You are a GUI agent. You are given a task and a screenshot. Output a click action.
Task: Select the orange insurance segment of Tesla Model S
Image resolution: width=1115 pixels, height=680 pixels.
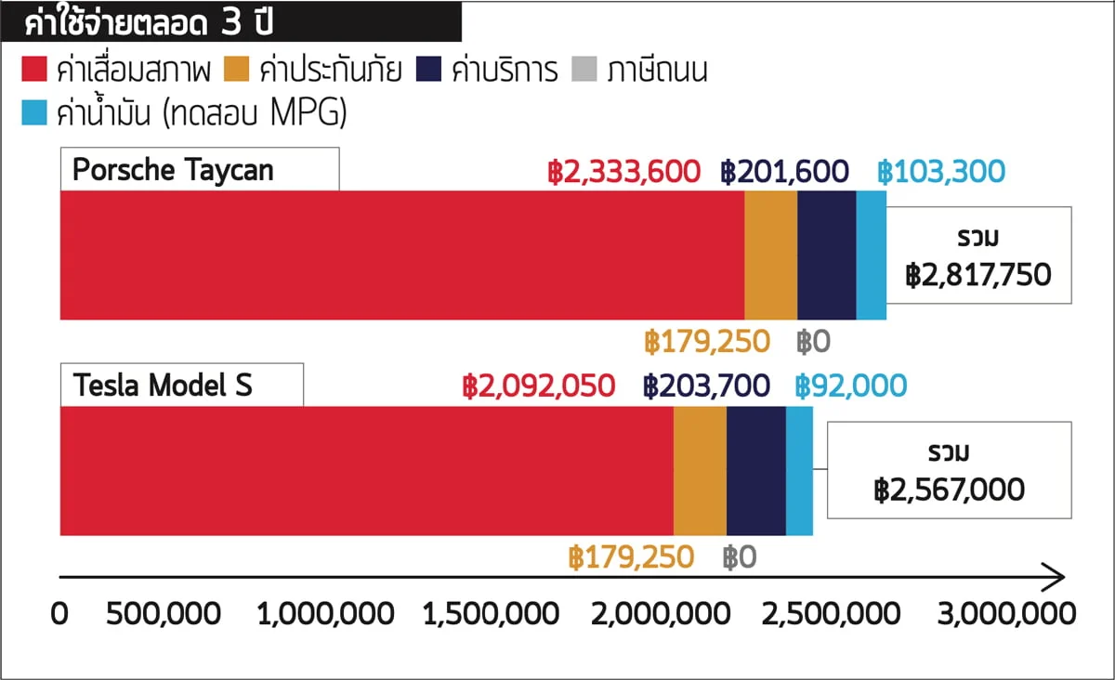tap(700, 471)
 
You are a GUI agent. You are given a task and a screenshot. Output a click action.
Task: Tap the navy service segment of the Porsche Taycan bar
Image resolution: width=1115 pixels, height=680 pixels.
tap(826, 255)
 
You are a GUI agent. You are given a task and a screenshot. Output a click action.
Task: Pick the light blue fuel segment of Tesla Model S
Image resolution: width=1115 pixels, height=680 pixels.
tap(799, 471)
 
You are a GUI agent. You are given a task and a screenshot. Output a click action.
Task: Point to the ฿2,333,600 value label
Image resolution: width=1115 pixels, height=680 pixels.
tap(623, 172)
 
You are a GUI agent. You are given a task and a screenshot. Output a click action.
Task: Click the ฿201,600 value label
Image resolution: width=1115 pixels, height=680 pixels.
tap(784, 172)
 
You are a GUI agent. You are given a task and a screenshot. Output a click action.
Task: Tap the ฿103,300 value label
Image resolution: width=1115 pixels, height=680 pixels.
tap(941, 172)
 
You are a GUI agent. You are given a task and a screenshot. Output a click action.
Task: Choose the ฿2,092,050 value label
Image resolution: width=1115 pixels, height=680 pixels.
tap(538, 386)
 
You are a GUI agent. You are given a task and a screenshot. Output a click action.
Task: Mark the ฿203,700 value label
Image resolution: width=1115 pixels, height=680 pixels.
tap(706, 386)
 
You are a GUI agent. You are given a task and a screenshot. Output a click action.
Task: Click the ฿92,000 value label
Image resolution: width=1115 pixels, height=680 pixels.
tap(850, 386)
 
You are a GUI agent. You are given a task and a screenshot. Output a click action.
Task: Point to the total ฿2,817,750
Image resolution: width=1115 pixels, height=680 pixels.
tap(978, 275)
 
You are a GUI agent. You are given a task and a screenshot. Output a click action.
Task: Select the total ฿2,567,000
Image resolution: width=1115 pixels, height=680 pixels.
tap(949, 490)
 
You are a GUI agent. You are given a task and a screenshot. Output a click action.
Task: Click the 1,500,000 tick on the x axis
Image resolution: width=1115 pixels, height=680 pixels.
tap(492, 614)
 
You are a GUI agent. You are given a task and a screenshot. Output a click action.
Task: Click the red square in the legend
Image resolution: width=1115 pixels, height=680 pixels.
tap(34, 70)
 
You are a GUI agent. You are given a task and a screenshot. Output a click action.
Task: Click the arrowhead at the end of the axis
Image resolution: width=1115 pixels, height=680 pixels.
tap(1055, 577)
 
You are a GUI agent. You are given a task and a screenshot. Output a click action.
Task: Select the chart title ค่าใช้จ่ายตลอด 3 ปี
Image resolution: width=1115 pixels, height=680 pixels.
tap(149, 23)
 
